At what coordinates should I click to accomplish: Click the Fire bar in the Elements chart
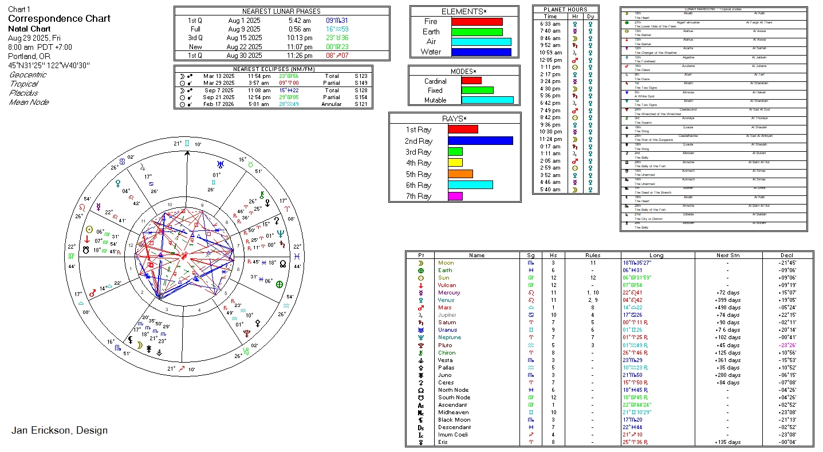coord(477,22)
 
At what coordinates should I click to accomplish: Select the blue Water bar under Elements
coord(481,52)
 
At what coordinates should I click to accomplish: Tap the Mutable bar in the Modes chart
coord(487,100)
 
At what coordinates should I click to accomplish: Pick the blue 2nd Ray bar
coord(480,141)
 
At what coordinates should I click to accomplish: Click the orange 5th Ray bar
coord(460,174)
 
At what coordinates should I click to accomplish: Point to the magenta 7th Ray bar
coord(455,196)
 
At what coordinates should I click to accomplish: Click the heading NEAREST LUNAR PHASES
coord(281,11)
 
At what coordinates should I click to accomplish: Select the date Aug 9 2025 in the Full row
coord(244,29)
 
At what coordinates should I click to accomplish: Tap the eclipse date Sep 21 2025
coord(218,97)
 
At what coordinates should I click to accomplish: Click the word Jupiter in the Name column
coord(447,315)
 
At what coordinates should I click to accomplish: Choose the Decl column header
coord(787,256)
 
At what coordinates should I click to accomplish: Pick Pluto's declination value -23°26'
coord(787,345)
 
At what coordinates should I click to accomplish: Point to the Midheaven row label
coord(453,412)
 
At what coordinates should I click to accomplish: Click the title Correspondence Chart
coord(59,18)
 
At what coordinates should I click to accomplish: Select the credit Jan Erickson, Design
coord(59,430)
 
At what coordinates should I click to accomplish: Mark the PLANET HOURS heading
coord(565,9)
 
